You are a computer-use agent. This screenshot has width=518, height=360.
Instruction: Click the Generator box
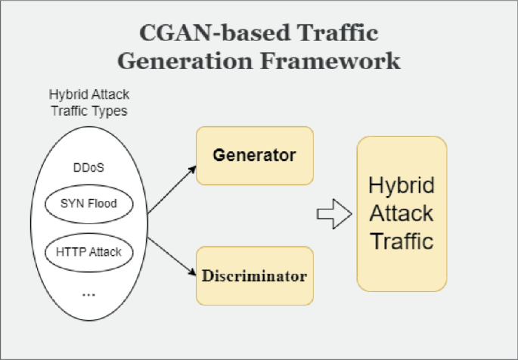[253, 156]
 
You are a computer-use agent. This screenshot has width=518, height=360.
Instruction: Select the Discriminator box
[253, 275]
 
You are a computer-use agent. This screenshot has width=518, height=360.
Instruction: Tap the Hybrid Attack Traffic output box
[402, 214]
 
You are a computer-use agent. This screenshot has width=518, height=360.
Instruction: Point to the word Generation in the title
[195, 61]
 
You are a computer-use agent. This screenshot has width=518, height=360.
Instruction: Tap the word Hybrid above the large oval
[67, 95]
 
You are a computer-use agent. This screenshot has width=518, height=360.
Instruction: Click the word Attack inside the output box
[402, 213]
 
